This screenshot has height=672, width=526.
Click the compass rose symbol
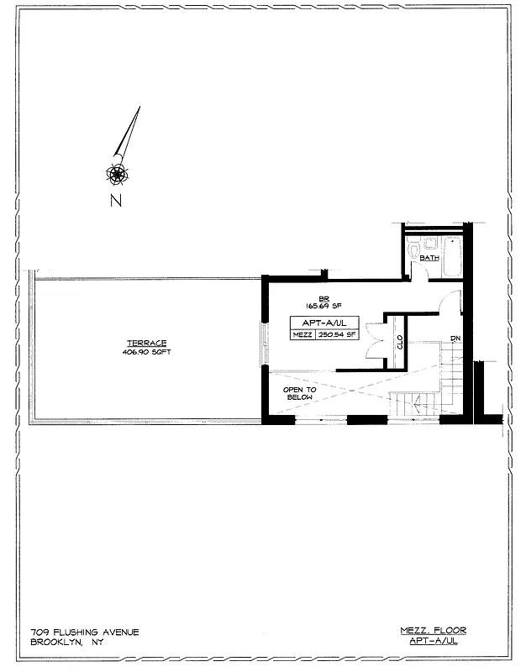(116, 174)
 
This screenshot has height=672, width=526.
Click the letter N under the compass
(116, 200)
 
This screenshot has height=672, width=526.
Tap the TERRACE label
(146, 343)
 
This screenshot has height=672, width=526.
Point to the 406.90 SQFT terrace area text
(146, 352)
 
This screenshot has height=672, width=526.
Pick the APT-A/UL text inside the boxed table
(313, 322)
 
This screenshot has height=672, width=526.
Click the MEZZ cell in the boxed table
(302, 334)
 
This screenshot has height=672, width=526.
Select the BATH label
(429, 259)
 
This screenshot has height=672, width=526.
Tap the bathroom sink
(428, 243)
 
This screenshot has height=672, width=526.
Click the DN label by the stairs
(455, 339)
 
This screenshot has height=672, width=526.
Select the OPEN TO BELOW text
(298, 394)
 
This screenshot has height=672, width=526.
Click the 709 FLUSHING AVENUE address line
(84, 632)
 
